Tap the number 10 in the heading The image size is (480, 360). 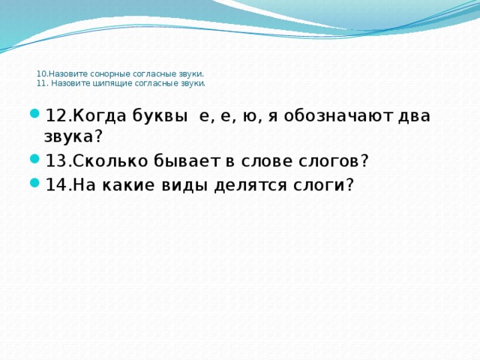(40, 75)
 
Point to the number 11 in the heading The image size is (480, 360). (40, 84)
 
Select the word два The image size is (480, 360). (415, 116)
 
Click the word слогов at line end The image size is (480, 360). (334, 161)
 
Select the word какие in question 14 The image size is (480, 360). (129, 185)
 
